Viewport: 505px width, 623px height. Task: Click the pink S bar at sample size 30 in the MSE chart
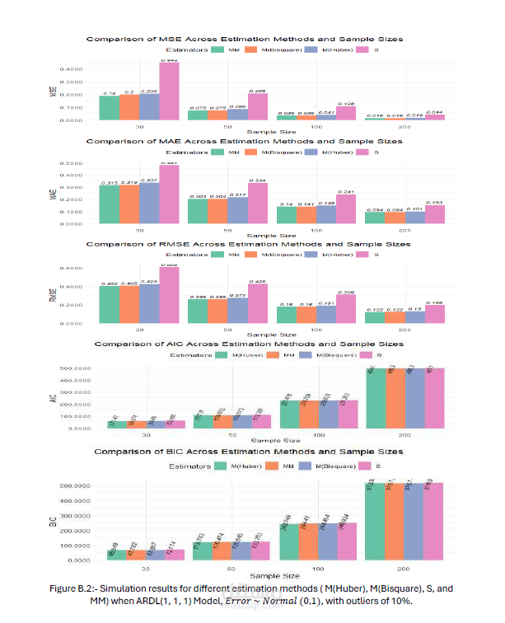pos(169,92)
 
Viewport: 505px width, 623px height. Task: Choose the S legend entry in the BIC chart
pos(366,465)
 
